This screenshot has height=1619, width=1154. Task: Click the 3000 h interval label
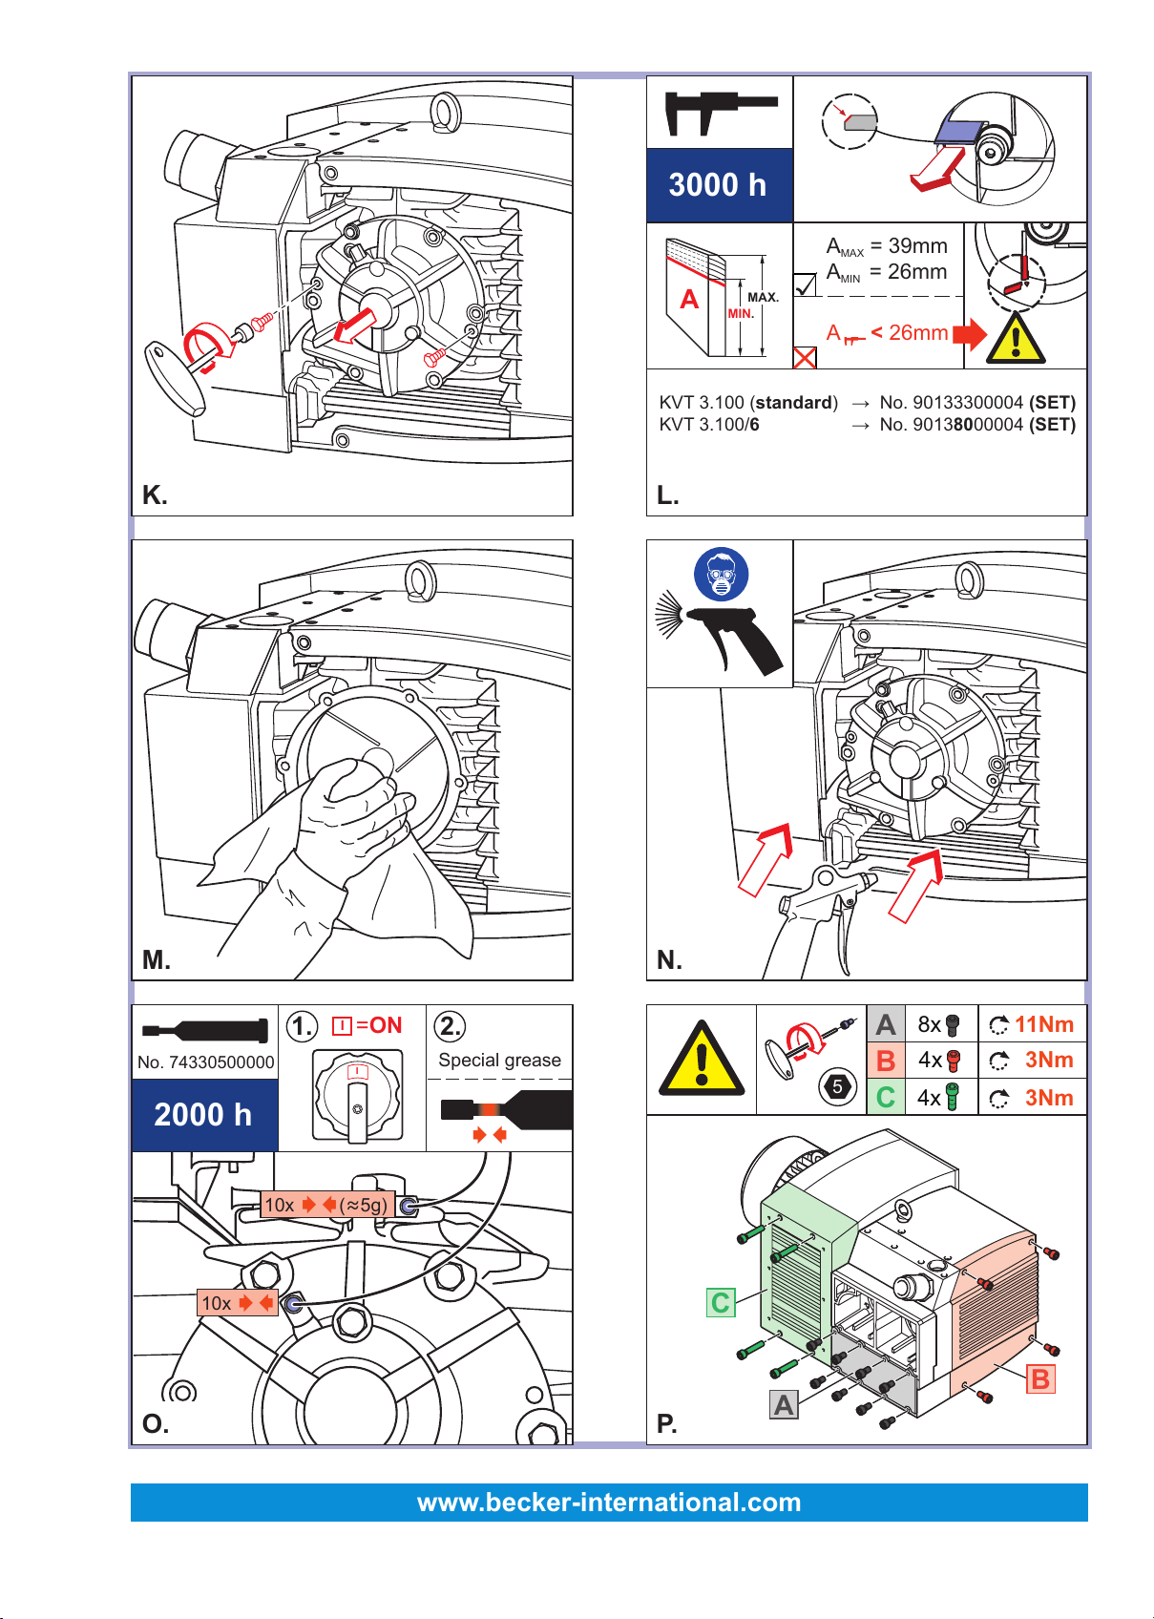[x=716, y=185]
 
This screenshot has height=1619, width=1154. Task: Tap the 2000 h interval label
[x=203, y=1115]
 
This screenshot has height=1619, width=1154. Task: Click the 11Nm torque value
[x=1042, y=1024]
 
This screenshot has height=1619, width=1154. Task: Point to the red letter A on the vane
[x=688, y=299]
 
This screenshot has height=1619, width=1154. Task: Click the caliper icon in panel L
[x=720, y=112]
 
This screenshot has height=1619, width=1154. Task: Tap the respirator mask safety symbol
[x=720, y=574]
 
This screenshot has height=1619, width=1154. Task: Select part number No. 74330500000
[x=205, y=1062]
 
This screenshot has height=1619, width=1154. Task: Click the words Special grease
[x=499, y=1060]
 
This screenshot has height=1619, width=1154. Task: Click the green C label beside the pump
[x=721, y=1302]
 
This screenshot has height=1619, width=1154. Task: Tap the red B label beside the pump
[x=1039, y=1379]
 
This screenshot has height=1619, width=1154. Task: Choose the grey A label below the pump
[x=784, y=1405]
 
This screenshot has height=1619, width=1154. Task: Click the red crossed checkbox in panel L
[x=805, y=358]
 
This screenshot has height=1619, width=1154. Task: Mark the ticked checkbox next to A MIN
[x=805, y=284]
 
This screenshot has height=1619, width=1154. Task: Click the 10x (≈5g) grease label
[x=327, y=1205]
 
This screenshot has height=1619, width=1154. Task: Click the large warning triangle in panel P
[x=701, y=1059]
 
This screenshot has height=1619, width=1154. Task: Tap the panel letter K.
[x=155, y=495]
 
